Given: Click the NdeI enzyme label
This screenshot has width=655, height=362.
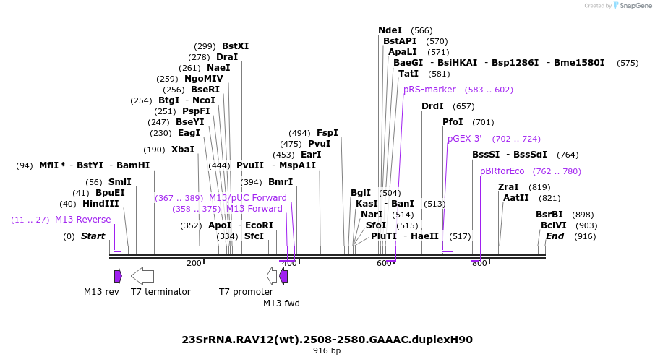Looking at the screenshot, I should pos(390,30).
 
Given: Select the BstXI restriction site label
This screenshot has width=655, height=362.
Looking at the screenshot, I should pos(235,46).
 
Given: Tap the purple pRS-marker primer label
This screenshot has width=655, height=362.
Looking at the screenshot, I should pos(429,90).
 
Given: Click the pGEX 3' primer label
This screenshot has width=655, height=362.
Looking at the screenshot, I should pos(464,139).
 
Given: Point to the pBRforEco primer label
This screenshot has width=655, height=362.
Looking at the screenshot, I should pos(502,171).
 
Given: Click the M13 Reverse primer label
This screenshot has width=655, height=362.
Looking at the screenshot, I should pos(82,220).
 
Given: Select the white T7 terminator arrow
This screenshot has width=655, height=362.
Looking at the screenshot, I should pos(142,275).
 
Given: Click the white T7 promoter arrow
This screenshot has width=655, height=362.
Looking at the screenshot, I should pos(272,275).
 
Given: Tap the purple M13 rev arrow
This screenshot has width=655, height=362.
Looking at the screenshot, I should pos(118,275).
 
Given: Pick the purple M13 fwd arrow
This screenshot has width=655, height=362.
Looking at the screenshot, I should pos(283,275).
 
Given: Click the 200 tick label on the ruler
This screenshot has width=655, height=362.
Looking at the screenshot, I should pos(194,263).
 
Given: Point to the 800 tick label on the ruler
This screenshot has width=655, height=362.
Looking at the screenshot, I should pos(479,263).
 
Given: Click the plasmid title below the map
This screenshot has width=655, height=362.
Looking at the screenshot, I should pos(327,339).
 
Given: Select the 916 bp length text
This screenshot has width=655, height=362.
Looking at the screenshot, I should pos(327,351).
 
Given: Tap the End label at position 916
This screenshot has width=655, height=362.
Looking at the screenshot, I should pos(555,236).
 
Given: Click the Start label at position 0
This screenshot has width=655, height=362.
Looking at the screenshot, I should pos(93,236).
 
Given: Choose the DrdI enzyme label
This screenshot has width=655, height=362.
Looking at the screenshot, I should pos(432,106).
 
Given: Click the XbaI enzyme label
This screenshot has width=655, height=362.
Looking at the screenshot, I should pos(182,150).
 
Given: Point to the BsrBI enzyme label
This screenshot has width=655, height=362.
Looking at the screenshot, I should pos(549,215).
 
